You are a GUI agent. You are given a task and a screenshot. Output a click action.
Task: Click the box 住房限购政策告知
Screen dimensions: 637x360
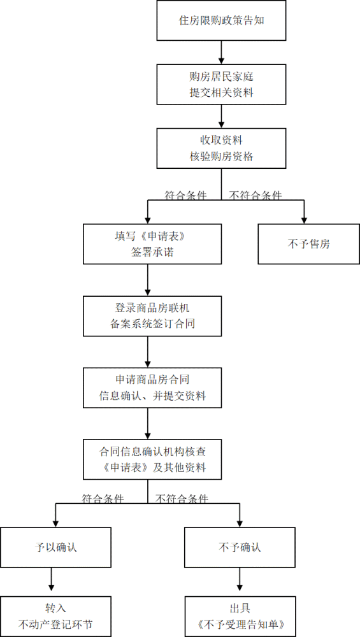[x=221, y=20]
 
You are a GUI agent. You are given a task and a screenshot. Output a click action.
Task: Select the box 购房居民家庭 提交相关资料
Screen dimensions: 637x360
[x=221, y=84]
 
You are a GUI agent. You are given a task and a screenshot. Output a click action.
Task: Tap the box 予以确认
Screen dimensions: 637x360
[x=56, y=547]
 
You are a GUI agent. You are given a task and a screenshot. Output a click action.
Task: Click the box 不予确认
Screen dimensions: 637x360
[x=240, y=547]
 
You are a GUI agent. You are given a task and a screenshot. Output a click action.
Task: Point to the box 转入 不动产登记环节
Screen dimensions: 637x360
[x=56, y=615]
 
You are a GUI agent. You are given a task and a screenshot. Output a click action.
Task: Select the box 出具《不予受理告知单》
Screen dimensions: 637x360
[x=240, y=615]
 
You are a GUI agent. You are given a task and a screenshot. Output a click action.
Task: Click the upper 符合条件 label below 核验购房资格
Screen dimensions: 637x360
[x=185, y=196]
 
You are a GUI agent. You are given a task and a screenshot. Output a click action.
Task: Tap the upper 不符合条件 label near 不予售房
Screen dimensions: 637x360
[x=256, y=196]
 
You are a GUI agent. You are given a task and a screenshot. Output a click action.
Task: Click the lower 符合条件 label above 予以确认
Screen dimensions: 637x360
[x=103, y=498]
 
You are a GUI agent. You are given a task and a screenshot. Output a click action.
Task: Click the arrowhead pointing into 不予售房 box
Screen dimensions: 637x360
[x=305, y=218]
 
